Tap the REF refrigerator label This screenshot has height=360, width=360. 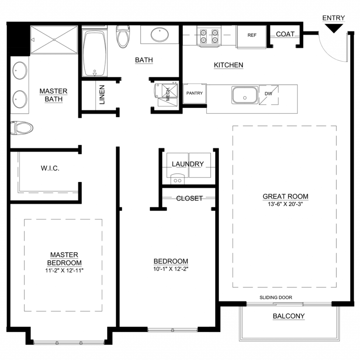point(252,35)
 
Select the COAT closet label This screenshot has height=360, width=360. point(285,34)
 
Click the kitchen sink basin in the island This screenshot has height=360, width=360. point(245,95)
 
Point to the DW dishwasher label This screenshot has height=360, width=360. point(268,94)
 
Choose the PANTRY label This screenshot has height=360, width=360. point(194,93)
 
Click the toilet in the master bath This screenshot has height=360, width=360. point(22,128)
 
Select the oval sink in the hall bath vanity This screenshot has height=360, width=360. point(160,35)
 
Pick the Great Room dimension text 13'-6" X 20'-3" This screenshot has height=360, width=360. point(285,204)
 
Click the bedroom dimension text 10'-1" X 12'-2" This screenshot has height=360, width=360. point(171,269)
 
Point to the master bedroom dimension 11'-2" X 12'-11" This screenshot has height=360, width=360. point(64,270)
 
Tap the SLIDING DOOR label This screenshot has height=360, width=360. point(276,297)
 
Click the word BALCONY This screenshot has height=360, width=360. point(289,316)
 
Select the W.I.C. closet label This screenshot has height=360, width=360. point(50,168)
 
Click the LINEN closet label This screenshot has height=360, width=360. point(102,95)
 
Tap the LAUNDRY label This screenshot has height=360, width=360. point(188,164)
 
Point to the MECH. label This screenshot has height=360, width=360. point(168,94)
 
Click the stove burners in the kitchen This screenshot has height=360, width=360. point(209,36)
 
